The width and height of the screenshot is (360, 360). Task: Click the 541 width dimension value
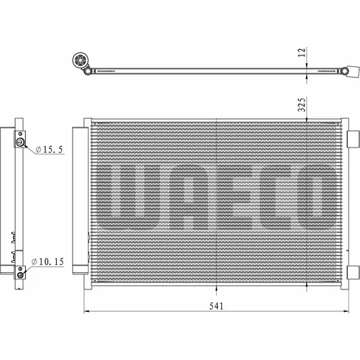[216, 306]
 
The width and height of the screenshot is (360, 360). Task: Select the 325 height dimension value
[302, 104]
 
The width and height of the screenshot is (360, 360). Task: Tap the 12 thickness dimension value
[302, 53]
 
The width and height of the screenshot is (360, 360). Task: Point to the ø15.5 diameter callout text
[49, 149]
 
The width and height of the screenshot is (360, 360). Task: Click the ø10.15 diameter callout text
[48, 261]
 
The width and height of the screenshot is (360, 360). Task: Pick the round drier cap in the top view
[80, 60]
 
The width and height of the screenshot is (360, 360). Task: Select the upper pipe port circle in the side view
[20, 143]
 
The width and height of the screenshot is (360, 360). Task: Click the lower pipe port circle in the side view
[21, 275]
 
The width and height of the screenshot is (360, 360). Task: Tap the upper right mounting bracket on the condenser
[354, 139]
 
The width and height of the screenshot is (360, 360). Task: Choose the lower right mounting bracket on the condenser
[354, 272]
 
